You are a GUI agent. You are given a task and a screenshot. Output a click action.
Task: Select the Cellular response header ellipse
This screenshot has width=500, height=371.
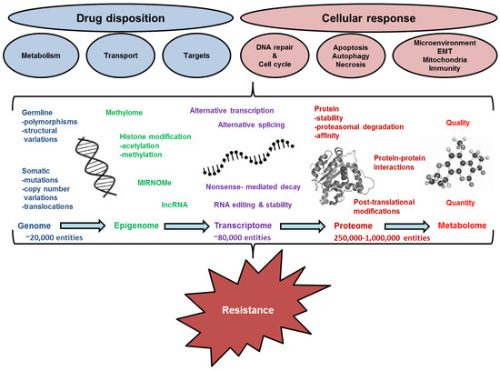(375, 19)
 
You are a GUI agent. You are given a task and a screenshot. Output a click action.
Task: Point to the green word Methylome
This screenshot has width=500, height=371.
(128, 114)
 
